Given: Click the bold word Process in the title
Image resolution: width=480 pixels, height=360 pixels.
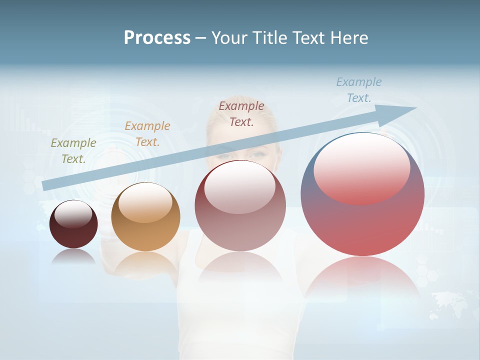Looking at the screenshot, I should [x=157, y=38].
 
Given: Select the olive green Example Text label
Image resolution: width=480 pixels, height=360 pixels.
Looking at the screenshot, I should [x=73, y=151].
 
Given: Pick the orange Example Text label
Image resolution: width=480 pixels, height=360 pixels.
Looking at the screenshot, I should [x=147, y=134].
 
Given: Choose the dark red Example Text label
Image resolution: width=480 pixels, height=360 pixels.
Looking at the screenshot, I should [x=241, y=114].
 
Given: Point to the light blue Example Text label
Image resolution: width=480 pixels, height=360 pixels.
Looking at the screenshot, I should [x=359, y=90].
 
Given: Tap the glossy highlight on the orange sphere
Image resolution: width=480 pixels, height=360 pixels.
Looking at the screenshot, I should [x=145, y=202].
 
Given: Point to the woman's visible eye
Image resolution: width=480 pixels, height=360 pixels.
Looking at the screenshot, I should [x=259, y=154].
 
